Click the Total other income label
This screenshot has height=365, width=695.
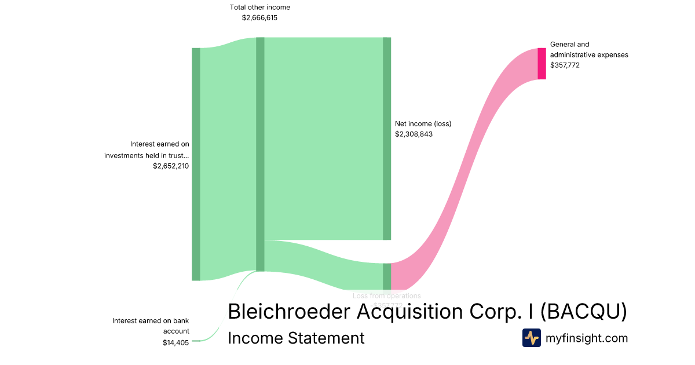pos(260,8)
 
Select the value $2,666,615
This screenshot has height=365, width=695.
pos(260,18)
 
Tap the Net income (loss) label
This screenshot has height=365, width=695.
pos(423,123)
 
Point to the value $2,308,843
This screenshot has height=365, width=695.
pos(414,134)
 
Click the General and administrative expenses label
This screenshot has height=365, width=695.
pos(588,49)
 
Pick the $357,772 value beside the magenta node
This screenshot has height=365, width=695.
pos(565,65)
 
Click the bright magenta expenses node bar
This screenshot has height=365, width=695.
pos(542,63)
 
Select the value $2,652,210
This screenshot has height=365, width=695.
pos(171,166)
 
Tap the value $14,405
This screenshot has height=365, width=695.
pos(175,342)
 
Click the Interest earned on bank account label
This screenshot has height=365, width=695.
pos(151,326)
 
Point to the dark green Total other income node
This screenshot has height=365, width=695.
pos(260,154)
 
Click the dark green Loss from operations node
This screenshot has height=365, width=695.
pos(387,276)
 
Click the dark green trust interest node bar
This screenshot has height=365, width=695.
pos(196,164)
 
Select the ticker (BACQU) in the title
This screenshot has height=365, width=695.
pos(584,311)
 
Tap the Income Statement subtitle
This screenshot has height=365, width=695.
pos(296,338)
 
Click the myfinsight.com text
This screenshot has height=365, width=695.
pos(587,338)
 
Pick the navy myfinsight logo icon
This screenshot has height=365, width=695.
pos(531,338)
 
